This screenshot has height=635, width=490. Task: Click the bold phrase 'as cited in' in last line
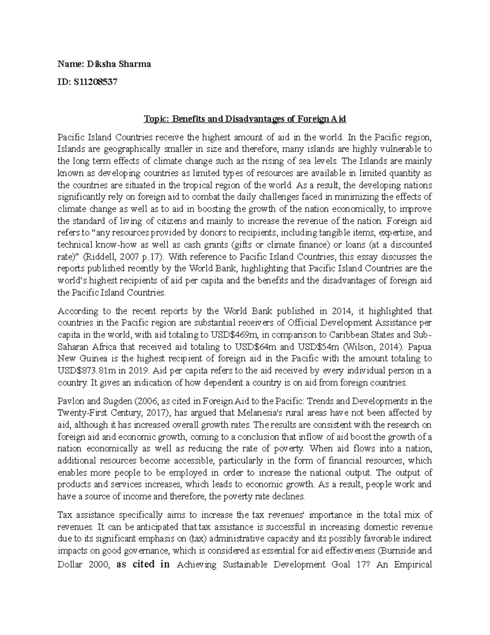tap(143, 565)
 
